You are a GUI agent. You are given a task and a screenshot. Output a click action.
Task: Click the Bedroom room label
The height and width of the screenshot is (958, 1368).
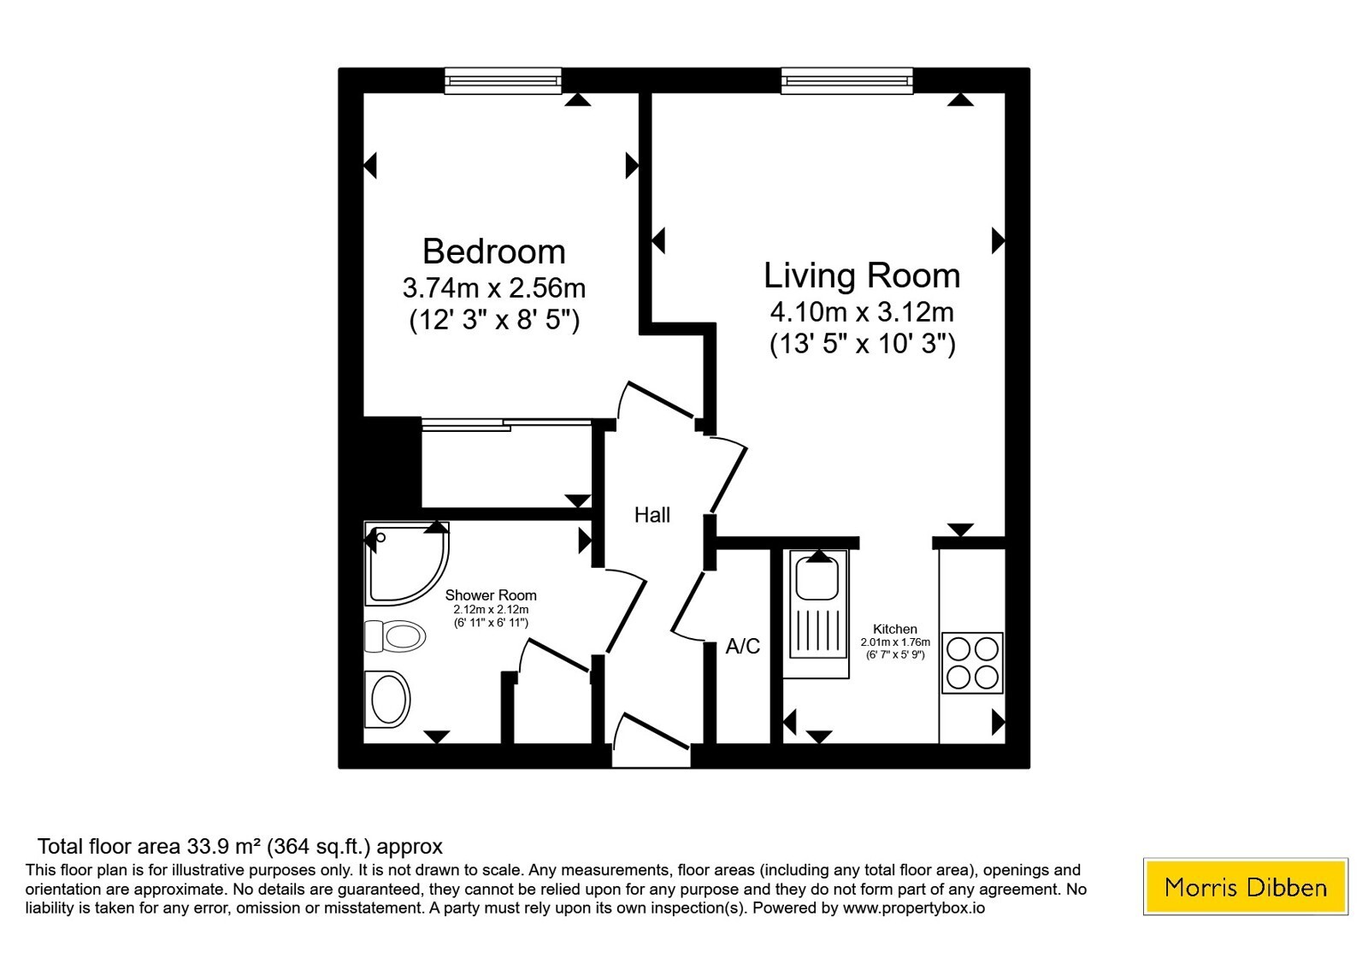(x=493, y=251)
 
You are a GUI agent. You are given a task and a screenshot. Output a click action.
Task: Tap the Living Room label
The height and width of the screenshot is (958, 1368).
(x=862, y=275)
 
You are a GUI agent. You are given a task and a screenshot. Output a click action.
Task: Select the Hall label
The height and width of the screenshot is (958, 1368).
(x=652, y=515)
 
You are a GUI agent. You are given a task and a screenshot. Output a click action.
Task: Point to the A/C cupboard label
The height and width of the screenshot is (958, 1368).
(x=743, y=646)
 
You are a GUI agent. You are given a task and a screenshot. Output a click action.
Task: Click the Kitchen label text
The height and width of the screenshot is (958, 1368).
(x=894, y=629)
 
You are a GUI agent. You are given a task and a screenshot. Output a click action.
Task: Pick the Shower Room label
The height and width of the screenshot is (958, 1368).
(x=491, y=595)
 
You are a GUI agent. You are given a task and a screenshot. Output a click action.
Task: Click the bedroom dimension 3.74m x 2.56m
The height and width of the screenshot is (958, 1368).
(x=494, y=288)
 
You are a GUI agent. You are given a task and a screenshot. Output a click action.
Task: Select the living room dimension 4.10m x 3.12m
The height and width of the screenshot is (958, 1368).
(x=862, y=312)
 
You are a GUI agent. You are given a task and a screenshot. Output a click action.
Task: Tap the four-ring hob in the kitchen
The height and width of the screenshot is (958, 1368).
(x=972, y=663)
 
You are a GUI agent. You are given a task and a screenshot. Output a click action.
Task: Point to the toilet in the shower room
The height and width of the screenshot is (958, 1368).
(x=394, y=636)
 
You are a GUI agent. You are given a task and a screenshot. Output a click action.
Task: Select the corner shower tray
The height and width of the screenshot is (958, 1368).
(x=405, y=562)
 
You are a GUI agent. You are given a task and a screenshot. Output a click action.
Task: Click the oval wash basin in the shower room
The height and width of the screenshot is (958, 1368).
(x=387, y=700)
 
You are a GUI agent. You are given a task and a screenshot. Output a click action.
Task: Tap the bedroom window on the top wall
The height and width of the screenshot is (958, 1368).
(x=503, y=80)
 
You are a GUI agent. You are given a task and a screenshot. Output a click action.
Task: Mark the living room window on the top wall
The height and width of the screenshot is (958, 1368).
(x=847, y=80)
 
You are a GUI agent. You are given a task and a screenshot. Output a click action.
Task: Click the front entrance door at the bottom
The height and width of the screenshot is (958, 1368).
(x=651, y=741)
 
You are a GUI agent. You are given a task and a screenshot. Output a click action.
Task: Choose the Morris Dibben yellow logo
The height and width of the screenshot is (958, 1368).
(x=1245, y=886)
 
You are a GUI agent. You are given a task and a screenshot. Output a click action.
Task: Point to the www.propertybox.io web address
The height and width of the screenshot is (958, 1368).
(x=914, y=908)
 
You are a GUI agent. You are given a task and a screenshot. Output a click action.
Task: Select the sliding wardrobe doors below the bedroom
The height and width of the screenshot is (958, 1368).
(x=506, y=424)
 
